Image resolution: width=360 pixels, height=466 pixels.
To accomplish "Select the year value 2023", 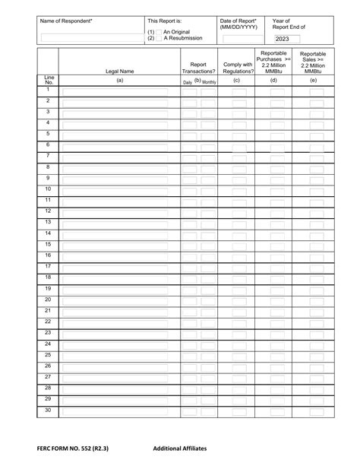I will point(283,39).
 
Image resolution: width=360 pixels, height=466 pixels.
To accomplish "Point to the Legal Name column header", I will point(119,71).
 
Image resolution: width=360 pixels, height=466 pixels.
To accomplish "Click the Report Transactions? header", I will point(199,68).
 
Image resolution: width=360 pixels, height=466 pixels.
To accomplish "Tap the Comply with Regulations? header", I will point(236,68).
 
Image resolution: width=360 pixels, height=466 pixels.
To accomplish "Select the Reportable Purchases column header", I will point(273,62).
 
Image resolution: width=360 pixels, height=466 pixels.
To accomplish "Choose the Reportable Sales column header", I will point(314,62).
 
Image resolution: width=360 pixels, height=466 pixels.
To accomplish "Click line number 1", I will point(48,90).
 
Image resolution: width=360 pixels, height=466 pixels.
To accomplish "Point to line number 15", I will point(48,244).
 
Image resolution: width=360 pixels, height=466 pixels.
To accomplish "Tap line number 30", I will point(48,410).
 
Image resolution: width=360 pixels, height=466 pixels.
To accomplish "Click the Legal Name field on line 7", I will point(119,158).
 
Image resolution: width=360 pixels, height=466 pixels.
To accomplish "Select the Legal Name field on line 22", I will point(119,324).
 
